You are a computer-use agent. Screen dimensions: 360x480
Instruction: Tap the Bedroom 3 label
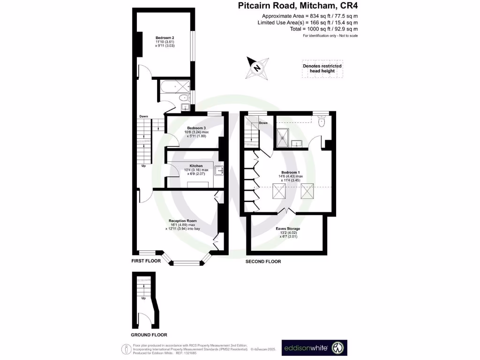click(x=196, y=128)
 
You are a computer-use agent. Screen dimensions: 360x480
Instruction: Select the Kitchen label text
click(x=196, y=166)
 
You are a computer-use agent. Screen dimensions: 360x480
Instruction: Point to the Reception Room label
click(x=182, y=220)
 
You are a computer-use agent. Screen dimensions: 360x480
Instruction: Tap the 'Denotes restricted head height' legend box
click(x=322, y=68)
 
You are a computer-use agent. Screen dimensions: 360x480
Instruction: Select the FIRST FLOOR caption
click(x=146, y=261)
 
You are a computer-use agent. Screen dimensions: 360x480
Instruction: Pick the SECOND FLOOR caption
click(x=263, y=262)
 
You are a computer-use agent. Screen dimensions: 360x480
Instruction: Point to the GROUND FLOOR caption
click(x=149, y=335)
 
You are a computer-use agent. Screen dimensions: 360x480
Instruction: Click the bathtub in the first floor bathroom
click(x=174, y=86)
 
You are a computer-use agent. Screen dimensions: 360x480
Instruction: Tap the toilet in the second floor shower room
click(x=321, y=122)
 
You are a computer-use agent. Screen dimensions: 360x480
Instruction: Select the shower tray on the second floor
click(x=283, y=137)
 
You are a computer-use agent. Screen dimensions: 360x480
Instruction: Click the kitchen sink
click(x=219, y=171)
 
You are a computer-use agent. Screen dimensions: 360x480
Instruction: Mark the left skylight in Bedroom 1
click(x=279, y=191)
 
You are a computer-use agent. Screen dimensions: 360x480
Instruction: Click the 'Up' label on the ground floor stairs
click(x=143, y=298)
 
